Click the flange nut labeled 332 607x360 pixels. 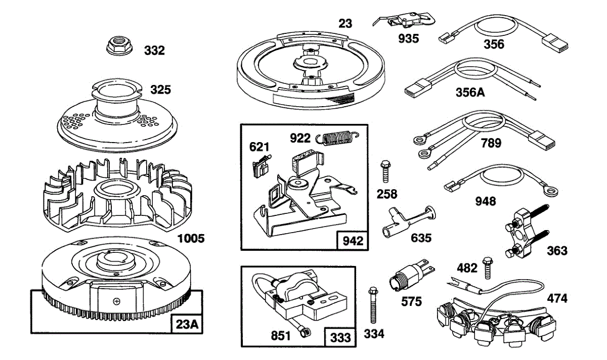point(117,46)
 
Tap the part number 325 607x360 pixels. point(161,89)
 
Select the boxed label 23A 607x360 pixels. point(187,324)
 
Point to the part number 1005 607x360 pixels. point(191,239)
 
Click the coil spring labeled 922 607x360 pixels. point(337,138)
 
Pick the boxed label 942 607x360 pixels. point(353,241)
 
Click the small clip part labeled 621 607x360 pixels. point(261,166)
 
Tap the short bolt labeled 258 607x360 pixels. point(385,171)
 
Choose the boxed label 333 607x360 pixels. point(340,337)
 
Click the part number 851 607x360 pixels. point(280,336)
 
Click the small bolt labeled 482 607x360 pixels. point(488,268)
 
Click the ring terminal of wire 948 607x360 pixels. point(550,192)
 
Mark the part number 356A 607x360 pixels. point(470,93)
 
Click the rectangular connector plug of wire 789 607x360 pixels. point(541,141)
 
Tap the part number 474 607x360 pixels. point(557,298)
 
